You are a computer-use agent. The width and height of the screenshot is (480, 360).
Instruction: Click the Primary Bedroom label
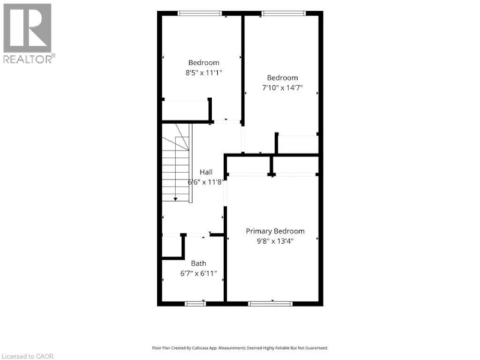(x=275, y=232)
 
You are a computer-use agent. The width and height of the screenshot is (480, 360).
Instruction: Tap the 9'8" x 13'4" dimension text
(x=275, y=241)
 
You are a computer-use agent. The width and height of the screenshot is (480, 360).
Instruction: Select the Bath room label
(x=199, y=263)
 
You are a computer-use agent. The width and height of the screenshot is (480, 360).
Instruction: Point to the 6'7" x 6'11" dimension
(x=199, y=273)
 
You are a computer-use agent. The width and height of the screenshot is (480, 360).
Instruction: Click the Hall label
(x=206, y=172)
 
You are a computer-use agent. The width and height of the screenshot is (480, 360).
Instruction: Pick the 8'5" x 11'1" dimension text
(x=203, y=73)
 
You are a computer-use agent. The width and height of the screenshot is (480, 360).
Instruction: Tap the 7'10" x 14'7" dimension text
(x=282, y=88)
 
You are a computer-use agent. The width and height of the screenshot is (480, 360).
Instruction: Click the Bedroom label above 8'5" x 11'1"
(x=203, y=63)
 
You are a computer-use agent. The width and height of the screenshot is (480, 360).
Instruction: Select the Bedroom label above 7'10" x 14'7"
(x=282, y=78)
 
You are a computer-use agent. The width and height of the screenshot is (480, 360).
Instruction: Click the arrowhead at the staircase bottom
(x=175, y=199)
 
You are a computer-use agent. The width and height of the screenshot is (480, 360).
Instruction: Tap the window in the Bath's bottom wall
(x=196, y=304)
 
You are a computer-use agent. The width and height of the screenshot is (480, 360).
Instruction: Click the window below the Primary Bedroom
(x=271, y=304)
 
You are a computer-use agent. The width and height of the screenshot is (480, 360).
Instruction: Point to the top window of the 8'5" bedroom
(x=200, y=13)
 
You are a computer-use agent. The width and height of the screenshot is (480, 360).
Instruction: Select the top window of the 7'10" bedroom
(x=283, y=13)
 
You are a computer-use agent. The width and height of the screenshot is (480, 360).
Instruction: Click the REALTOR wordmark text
(x=29, y=59)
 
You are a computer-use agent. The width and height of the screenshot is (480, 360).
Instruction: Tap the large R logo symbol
(x=27, y=28)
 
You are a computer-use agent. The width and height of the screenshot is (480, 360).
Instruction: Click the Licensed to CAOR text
(x=28, y=356)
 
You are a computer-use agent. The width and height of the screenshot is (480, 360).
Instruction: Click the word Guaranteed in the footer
(x=317, y=348)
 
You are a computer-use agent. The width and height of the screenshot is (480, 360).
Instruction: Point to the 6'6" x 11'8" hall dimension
(x=205, y=182)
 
